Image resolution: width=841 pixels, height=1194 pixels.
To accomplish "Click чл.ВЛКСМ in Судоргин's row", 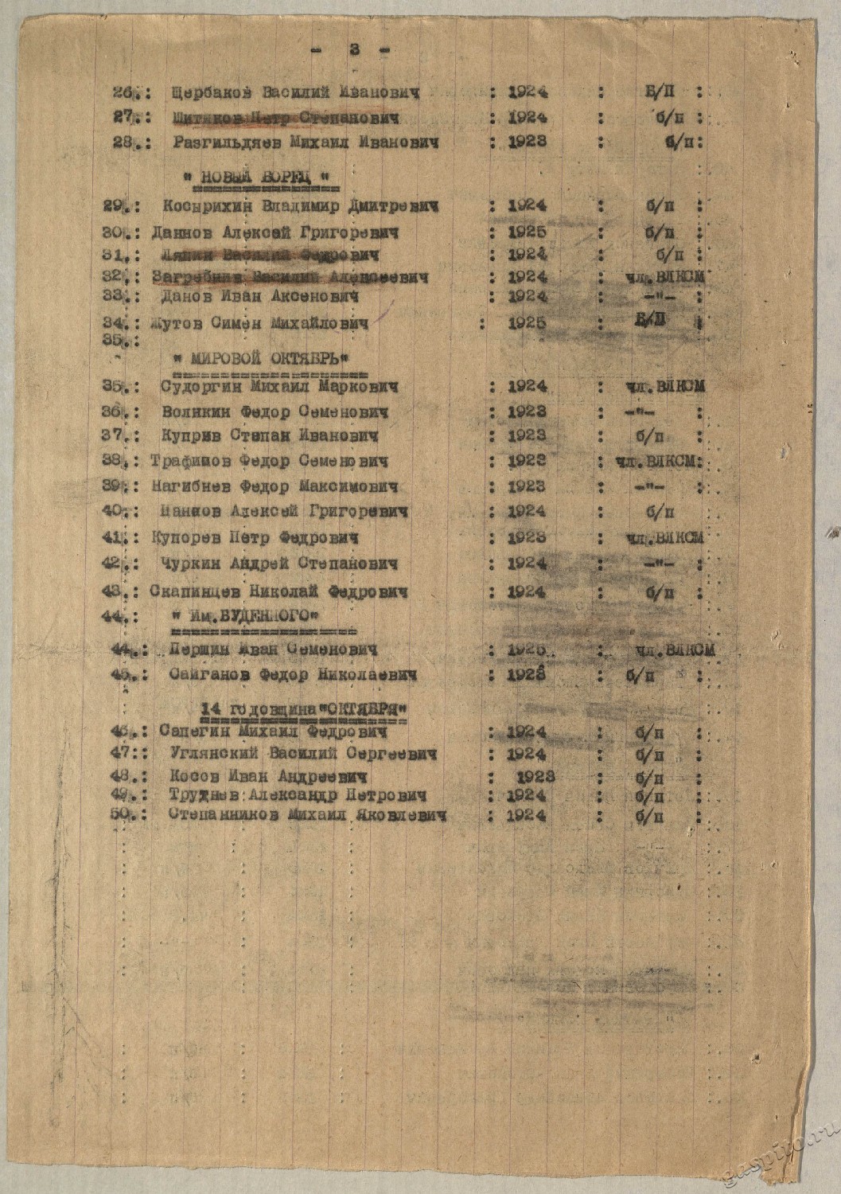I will pyautogui.click(x=664, y=387).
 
